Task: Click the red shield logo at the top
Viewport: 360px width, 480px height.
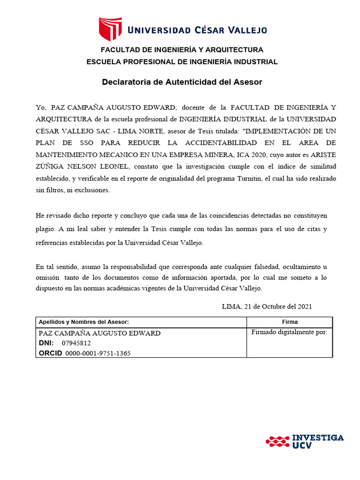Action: point(110,29)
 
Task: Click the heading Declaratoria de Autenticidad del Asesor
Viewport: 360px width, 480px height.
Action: point(182,82)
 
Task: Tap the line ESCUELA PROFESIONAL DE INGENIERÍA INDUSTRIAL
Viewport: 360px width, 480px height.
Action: point(182,62)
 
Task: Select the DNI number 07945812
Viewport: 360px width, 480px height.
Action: point(76,343)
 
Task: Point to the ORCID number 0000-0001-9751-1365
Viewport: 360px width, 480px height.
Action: point(97,353)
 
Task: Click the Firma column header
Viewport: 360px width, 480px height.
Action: point(290,322)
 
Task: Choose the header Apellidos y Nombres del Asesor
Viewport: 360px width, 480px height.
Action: point(83,322)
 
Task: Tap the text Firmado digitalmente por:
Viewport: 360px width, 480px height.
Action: point(289,332)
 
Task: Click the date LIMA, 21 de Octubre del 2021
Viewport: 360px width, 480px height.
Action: point(267,307)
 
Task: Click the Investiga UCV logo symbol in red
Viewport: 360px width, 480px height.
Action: point(277,441)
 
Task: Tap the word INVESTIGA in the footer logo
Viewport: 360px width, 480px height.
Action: point(318,438)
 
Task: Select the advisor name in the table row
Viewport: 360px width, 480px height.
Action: point(99,333)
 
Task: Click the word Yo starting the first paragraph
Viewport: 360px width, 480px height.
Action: point(41,107)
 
